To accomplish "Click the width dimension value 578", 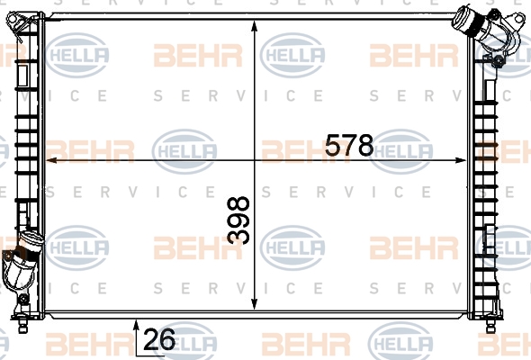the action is pyautogui.click(x=349, y=145).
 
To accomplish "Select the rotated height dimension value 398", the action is pyautogui.click(x=238, y=220).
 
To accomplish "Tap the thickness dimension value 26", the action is pyautogui.click(x=159, y=339).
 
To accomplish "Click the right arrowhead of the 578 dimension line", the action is pyautogui.click(x=461, y=160).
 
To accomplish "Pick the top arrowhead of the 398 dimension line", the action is pyautogui.click(x=255, y=26).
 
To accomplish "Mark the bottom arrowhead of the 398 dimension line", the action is pyautogui.click(x=255, y=303).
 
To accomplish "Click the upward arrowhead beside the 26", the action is pyautogui.click(x=136, y=325).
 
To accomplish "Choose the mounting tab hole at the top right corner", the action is pyautogui.click(x=518, y=18).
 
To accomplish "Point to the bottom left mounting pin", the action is pyautogui.click(x=22, y=324).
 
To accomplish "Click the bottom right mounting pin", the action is pyautogui.click(x=490, y=324).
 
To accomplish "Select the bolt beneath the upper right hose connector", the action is pyautogui.click(x=498, y=60).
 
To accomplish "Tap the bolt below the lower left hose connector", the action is pyautogui.click(x=23, y=299).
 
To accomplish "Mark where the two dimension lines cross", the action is pyautogui.click(x=255, y=160).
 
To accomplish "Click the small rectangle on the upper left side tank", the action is pyautogui.click(x=22, y=76).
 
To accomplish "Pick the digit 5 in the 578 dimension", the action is pyautogui.click(x=333, y=145).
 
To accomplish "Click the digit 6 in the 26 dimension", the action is pyautogui.click(x=167, y=339).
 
